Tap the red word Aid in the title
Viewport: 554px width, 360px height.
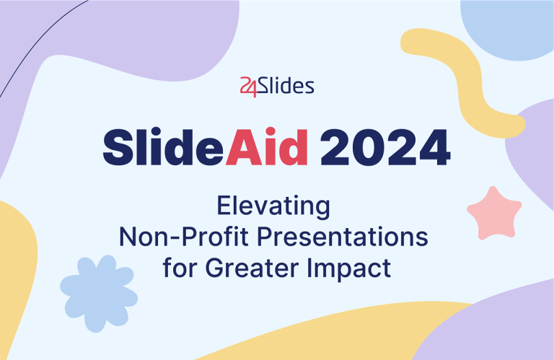click(268, 148)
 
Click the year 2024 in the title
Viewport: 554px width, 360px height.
click(385, 148)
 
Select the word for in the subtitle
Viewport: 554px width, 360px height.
click(180, 268)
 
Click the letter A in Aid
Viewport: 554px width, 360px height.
click(241, 148)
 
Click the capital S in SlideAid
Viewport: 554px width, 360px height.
click(118, 148)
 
